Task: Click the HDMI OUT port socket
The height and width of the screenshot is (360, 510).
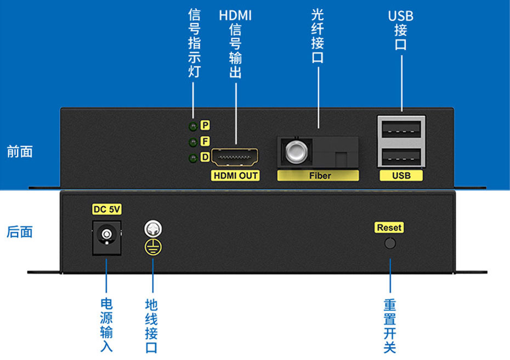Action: click(235, 157)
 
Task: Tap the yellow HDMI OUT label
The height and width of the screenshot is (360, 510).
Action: click(235, 176)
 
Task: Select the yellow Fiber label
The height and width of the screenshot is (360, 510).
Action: click(318, 176)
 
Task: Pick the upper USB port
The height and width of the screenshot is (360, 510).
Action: click(401, 130)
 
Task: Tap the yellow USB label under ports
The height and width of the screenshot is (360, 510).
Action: click(401, 176)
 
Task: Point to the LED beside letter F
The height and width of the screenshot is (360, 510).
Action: click(192, 142)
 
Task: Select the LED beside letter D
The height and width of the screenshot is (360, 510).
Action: click(192, 158)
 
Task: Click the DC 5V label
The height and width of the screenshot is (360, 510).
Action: click(106, 209)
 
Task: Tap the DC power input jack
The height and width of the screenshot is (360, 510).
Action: click(105, 236)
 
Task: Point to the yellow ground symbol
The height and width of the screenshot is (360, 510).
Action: click(152, 246)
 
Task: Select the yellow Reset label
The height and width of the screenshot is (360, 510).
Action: click(389, 227)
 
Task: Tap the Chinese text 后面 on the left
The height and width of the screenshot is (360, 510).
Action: click(19, 232)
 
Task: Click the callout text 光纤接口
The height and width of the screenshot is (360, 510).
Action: click(318, 36)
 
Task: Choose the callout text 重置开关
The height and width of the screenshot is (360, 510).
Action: click(390, 326)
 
